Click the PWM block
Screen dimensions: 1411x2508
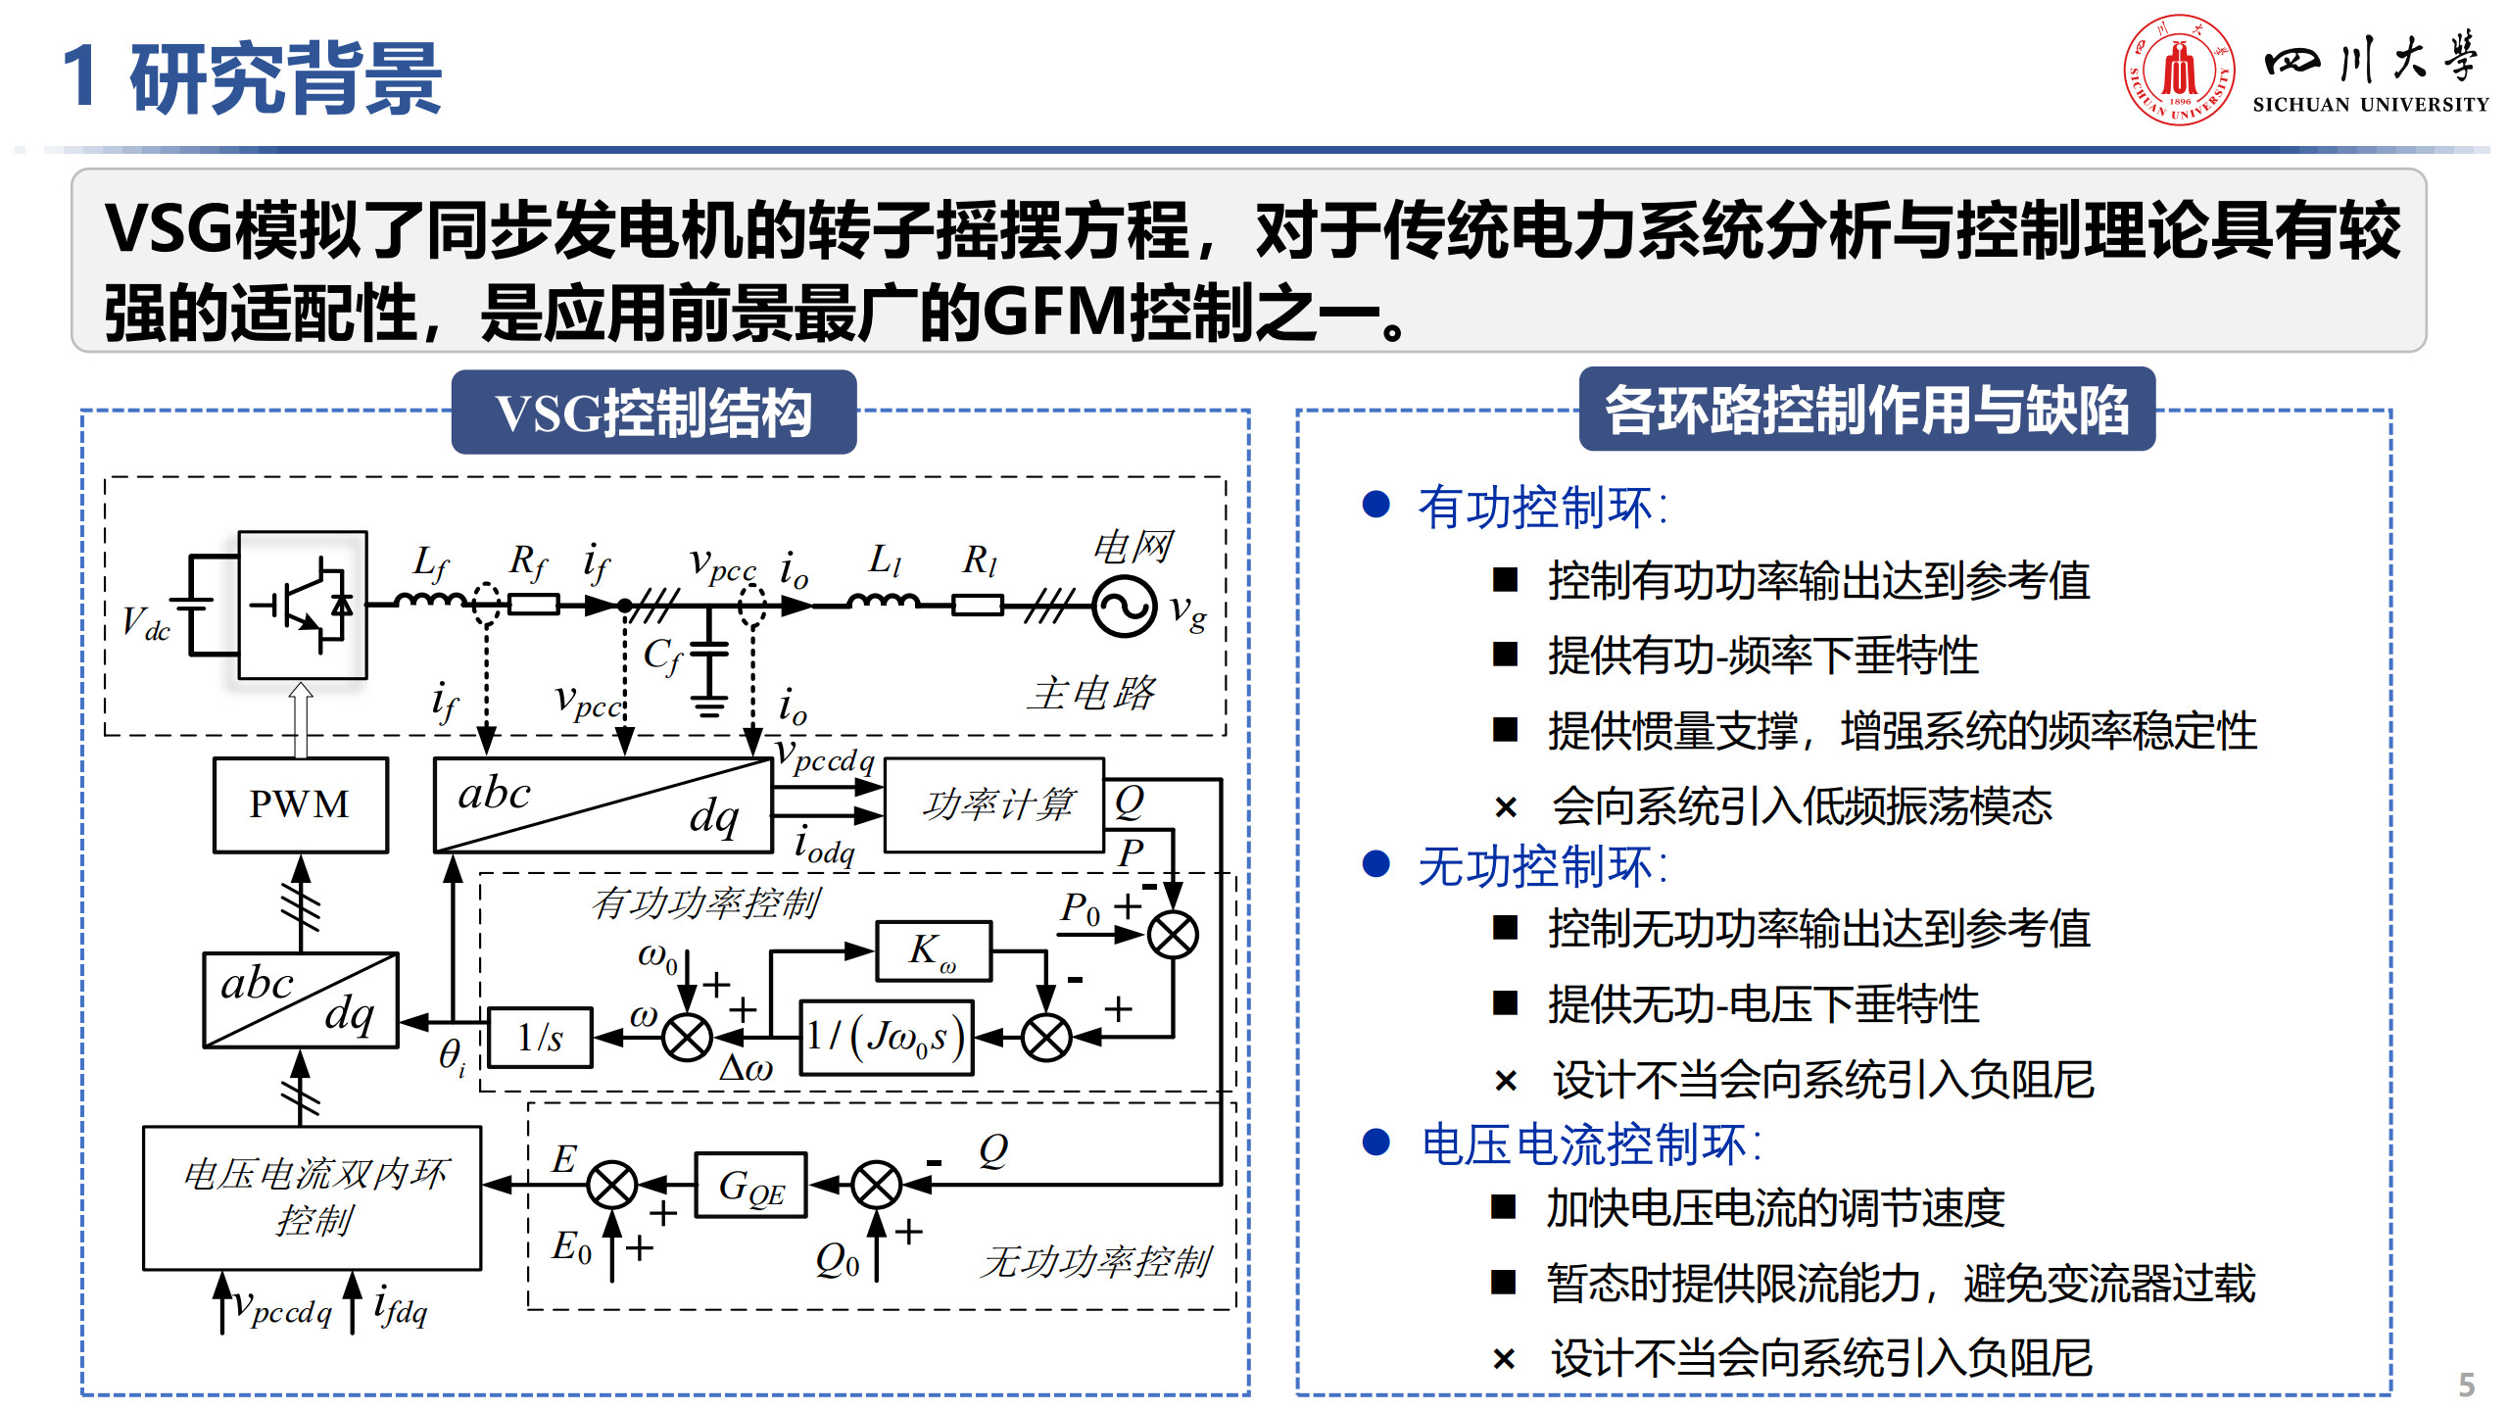tap(300, 804)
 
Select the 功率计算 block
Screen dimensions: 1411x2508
tap(994, 804)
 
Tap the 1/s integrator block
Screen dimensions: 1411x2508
tap(540, 1037)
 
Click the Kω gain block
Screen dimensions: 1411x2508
tap(933, 949)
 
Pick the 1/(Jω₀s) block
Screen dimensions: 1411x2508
tap(886, 1037)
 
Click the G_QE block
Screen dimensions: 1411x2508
tap(750, 1186)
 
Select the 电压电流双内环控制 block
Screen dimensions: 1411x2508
tap(313, 1197)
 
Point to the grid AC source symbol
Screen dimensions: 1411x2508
tap(1125, 607)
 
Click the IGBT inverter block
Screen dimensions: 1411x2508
tap(303, 606)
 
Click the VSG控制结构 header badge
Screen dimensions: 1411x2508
tap(653, 413)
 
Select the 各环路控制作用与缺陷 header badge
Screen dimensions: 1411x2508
tap(1866, 410)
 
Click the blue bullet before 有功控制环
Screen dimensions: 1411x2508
tap(1376, 505)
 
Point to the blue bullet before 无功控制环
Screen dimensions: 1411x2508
tap(1376, 864)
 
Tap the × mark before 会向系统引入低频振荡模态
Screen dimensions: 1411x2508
tap(1506, 807)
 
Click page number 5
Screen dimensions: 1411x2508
tap(2467, 1385)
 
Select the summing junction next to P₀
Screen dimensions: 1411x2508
tap(1172, 934)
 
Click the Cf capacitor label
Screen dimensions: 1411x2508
tap(662, 655)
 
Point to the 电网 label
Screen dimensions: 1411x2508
tap(1133, 546)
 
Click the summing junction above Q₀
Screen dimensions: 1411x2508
tap(876, 1186)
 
